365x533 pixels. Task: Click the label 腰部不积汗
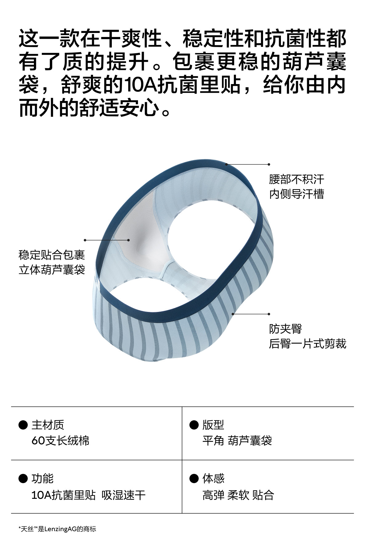296,179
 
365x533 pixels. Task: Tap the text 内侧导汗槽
296,194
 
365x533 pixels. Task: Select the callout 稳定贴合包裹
52,255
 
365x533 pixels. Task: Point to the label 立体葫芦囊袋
52,270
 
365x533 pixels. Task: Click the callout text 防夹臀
285,329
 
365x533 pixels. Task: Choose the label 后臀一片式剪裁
307,344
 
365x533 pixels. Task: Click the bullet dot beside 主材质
23,425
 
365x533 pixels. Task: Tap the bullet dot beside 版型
194,425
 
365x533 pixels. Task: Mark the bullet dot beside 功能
23,479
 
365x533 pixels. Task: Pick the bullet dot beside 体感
194,479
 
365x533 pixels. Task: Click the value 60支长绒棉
60,441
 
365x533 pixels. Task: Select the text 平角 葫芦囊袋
237,441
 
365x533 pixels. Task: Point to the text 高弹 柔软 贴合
238,495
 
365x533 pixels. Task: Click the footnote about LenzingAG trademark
57,529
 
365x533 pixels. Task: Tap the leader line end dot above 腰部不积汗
269,164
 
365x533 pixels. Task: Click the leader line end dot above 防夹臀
269,314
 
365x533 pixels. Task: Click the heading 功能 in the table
43,479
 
